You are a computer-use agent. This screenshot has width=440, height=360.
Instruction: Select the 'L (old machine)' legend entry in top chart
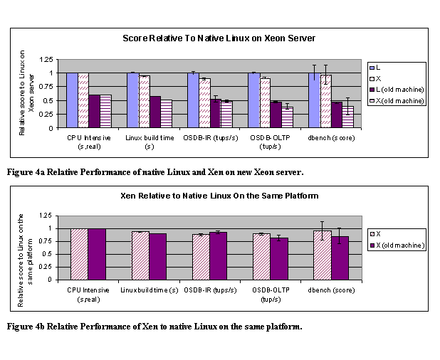397,89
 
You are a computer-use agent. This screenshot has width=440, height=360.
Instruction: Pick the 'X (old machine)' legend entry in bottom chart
402,245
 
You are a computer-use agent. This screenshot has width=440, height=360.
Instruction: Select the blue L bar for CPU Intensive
72,100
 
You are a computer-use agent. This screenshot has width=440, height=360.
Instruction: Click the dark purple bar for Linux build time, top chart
154,112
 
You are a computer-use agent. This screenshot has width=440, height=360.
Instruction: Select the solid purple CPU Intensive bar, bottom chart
97,253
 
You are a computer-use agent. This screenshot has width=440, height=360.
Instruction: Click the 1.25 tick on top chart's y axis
46,59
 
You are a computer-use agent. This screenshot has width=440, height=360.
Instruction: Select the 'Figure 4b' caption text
154,327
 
